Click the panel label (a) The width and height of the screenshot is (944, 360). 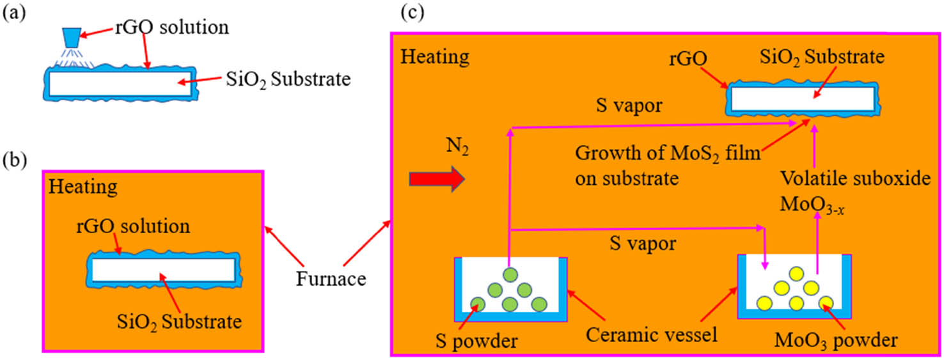[14, 13]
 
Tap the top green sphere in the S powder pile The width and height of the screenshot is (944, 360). [510, 276]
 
